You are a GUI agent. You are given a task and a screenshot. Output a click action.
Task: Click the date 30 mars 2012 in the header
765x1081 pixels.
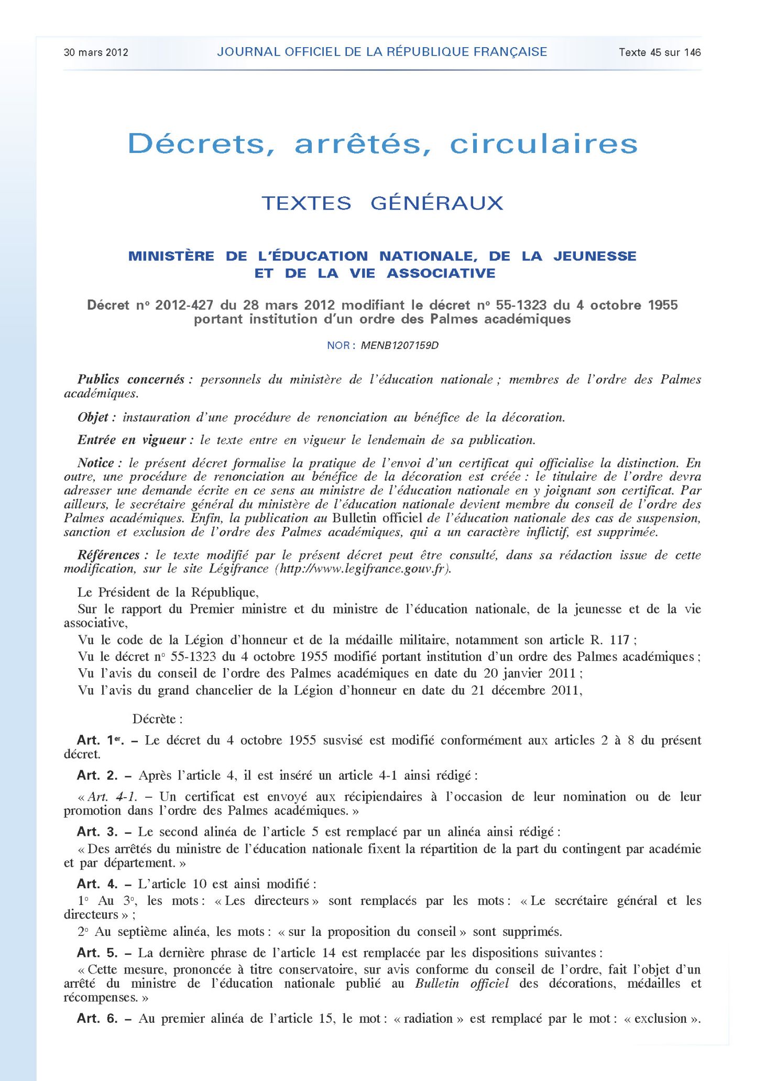click(95, 52)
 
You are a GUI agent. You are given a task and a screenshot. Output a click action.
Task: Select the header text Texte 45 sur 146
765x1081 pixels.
click(659, 52)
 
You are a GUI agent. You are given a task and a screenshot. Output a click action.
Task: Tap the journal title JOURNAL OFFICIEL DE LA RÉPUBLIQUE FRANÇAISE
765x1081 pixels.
click(382, 52)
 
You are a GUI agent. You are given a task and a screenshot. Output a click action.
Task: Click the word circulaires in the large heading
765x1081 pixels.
click(543, 144)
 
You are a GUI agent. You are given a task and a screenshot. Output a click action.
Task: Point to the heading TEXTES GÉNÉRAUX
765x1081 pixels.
click(382, 203)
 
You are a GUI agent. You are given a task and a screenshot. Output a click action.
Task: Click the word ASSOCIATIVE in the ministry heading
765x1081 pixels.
click(441, 273)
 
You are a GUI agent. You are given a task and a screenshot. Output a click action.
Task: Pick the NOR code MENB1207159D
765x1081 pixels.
click(399, 346)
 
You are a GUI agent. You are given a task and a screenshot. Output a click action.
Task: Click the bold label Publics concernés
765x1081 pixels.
click(131, 380)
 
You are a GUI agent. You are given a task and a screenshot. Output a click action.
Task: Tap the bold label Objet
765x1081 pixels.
click(93, 418)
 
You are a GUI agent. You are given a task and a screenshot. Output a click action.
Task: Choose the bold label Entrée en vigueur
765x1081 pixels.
click(132, 440)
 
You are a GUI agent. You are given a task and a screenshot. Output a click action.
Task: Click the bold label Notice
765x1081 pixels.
click(96, 464)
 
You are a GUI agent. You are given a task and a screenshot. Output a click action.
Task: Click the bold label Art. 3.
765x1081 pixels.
click(97, 832)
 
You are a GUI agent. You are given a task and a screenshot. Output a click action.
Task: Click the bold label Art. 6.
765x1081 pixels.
click(97, 1019)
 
